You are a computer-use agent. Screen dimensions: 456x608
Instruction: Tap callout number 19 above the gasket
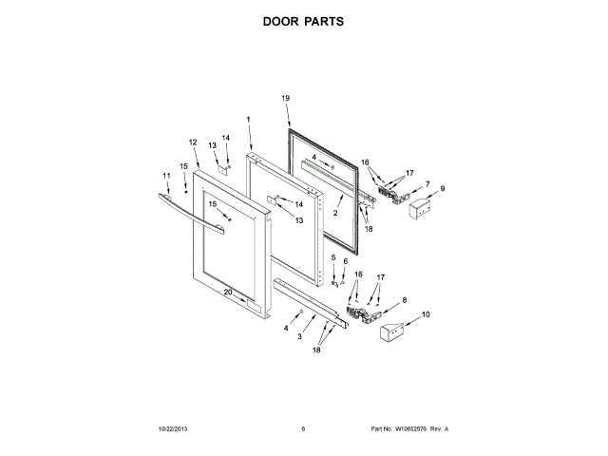285,98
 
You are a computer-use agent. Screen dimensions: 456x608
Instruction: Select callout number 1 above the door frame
248,120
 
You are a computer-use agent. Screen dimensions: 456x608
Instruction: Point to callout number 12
193,142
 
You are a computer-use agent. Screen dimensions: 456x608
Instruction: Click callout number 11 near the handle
166,176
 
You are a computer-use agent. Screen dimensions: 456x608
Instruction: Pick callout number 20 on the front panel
228,292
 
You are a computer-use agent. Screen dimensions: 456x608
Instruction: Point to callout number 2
335,214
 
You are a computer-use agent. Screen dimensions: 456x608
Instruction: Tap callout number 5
333,257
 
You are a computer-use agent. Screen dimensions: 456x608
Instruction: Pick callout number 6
346,260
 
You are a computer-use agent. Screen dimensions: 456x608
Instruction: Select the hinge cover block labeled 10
389,333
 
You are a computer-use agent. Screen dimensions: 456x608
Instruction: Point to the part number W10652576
414,428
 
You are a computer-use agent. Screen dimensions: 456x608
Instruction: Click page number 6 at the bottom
303,428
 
